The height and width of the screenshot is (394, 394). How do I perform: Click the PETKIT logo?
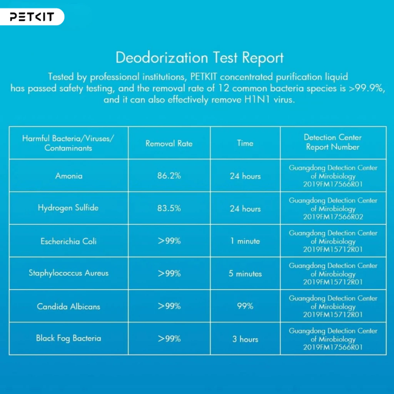pos(32,17)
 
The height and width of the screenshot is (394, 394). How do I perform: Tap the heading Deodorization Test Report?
pos(200,58)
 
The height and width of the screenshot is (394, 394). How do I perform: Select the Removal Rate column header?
pos(169,144)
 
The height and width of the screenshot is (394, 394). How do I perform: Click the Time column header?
pos(245,143)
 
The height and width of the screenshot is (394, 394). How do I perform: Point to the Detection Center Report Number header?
pos(333,142)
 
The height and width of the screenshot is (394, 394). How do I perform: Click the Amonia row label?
pos(68,175)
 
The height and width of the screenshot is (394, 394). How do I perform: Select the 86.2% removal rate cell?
pos(169,175)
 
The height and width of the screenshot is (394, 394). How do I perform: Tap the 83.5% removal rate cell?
pos(169,208)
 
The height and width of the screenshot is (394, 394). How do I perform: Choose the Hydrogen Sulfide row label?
pos(68,208)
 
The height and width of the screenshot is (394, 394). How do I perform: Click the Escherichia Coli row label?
pos(68,241)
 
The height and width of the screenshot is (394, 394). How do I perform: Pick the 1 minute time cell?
pos(245,241)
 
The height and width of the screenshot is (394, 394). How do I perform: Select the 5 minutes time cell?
pos(245,274)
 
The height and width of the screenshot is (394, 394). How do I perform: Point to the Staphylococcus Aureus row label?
pos(68,273)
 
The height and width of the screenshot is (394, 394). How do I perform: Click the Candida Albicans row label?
pos(68,306)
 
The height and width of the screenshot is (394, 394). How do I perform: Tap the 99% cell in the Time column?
pos(245,306)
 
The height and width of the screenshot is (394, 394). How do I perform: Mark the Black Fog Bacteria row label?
pos(68,339)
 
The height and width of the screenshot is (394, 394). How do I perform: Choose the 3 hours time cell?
pos(245,339)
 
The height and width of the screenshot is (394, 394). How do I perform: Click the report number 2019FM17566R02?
pos(333,217)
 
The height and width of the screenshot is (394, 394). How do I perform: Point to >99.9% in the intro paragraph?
pos(367,88)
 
